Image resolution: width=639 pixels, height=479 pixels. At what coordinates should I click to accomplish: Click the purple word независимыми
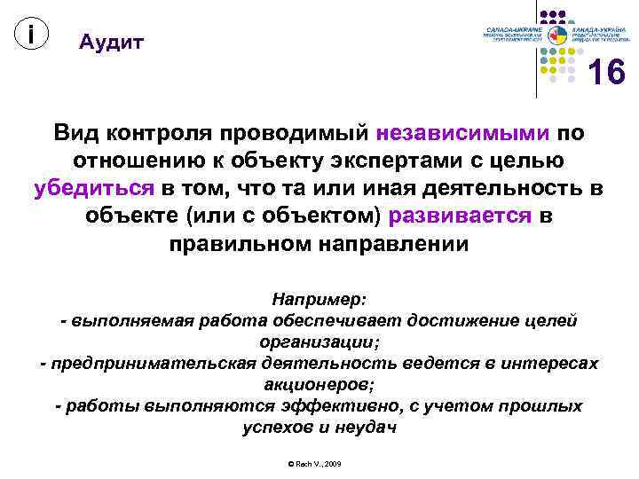(462, 133)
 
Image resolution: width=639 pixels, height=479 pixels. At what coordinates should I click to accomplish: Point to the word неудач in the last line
(363, 428)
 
